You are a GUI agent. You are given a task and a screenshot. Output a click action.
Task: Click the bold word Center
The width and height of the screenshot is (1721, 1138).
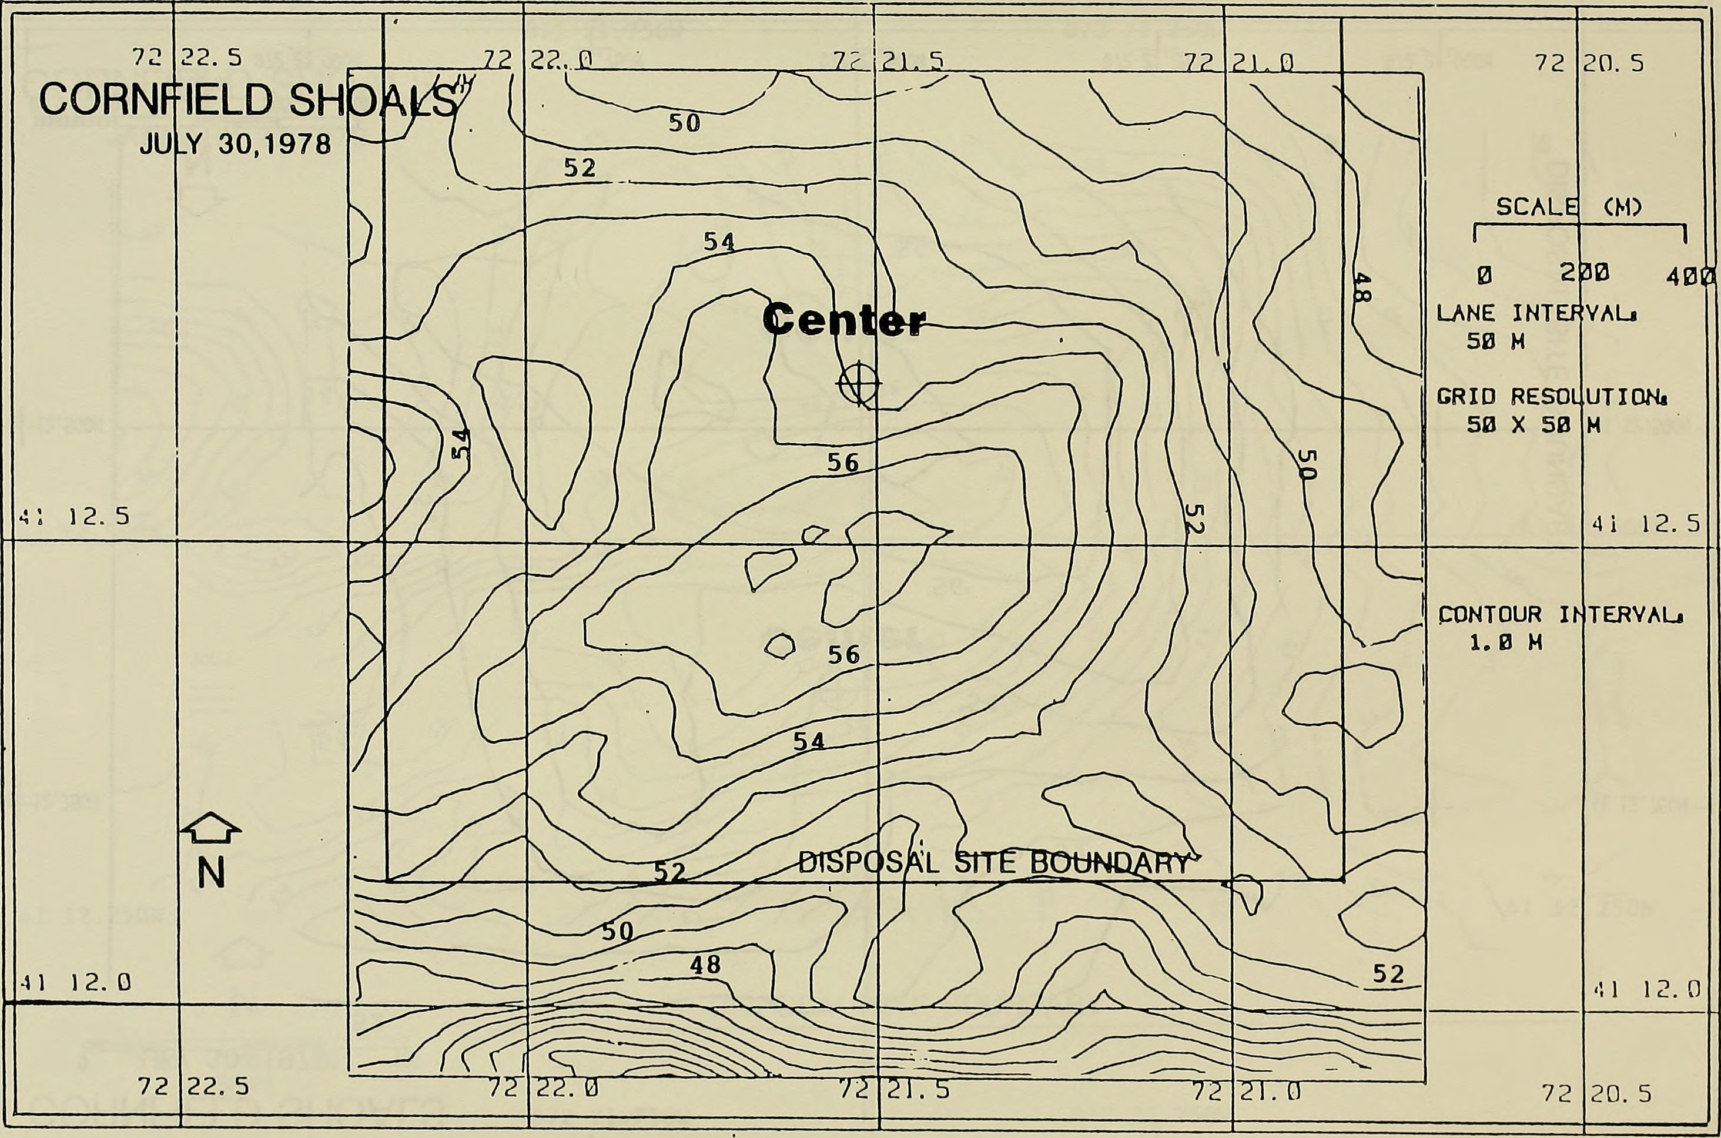tap(844, 320)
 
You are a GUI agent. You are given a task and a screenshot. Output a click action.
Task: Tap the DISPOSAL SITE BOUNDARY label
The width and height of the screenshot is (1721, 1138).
tap(993, 863)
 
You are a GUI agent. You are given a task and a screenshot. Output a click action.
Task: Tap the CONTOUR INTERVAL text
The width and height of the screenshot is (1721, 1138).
tap(1560, 615)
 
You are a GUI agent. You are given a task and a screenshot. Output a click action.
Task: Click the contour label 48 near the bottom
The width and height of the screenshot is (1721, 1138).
tap(705, 965)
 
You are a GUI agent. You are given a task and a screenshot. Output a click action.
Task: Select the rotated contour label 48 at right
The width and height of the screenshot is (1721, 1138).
tap(1362, 288)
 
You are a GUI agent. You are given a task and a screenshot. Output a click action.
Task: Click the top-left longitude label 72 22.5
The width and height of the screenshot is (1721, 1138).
tap(186, 58)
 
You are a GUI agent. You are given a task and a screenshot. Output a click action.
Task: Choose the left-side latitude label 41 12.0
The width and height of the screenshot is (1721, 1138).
tap(74, 983)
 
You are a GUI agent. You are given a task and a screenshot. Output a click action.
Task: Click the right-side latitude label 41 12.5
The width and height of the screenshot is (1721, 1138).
tap(1646, 523)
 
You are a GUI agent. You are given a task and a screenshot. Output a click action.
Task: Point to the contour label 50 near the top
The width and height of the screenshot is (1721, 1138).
tap(684, 123)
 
